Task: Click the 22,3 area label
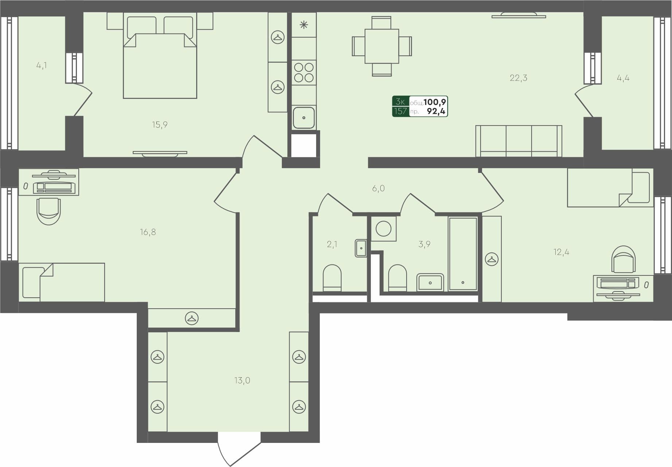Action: click(x=518, y=78)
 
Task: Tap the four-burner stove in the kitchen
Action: click(x=304, y=72)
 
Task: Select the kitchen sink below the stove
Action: click(x=304, y=117)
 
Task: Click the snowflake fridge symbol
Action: click(x=304, y=25)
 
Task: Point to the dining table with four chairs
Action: click(x=382, y=46)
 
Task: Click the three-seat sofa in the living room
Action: click(x=518, y=141)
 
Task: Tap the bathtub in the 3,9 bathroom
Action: click(x=463, y=253)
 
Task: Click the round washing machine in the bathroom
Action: click(x=384, y=229)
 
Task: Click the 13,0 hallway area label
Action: click(x=242, y=381)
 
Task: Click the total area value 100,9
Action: click(x=435, y=102)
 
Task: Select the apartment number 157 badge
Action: click(x=400, y=111)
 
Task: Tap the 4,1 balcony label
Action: click(x=42, y=66)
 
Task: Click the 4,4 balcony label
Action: click(x=623, y=78)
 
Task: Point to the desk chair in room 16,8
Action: click(x=48, y=211)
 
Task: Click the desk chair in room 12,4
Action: click(x=624, y=259)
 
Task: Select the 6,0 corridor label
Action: click(x=378, y=188)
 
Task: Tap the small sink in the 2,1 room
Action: click(x=361, y=248)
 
